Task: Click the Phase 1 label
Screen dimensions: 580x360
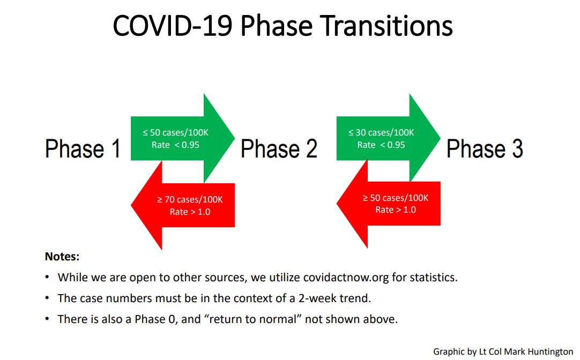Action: [83, 148]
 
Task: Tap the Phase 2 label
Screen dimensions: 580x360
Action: [279, 148]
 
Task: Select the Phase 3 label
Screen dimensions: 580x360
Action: [485, 148]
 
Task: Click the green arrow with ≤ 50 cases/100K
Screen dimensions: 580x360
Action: [183, 138]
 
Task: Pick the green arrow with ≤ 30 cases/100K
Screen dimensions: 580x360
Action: [389, 138]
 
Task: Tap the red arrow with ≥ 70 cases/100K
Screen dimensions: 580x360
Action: [183, 205]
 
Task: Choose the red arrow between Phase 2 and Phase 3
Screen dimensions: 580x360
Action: [389, 203]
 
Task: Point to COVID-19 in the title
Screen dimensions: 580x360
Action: [173, 26]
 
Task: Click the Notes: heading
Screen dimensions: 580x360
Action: [62, 256]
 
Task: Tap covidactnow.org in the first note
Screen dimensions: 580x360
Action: [346, 277]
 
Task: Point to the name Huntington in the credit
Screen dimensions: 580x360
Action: [550, 351]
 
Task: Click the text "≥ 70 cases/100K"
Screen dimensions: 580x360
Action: [190, 200]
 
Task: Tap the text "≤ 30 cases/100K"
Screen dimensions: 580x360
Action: [381, 132]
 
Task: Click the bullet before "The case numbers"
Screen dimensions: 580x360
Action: [47, 298]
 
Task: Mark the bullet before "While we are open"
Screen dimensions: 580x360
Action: [47, 277]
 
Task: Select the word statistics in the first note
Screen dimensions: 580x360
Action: [434, 277]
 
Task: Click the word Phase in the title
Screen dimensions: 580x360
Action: [276, 26]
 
